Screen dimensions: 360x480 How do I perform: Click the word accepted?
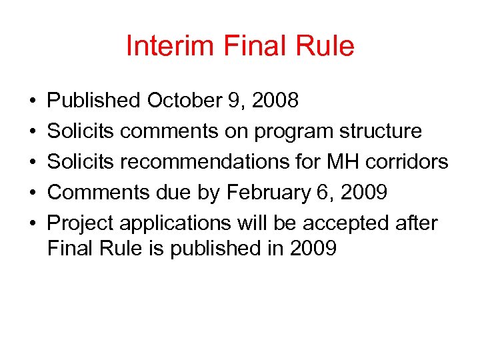[x=355, y=223]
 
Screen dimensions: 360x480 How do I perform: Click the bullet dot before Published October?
[x=33, y=101]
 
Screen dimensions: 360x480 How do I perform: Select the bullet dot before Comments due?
[x=33, y=193]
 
